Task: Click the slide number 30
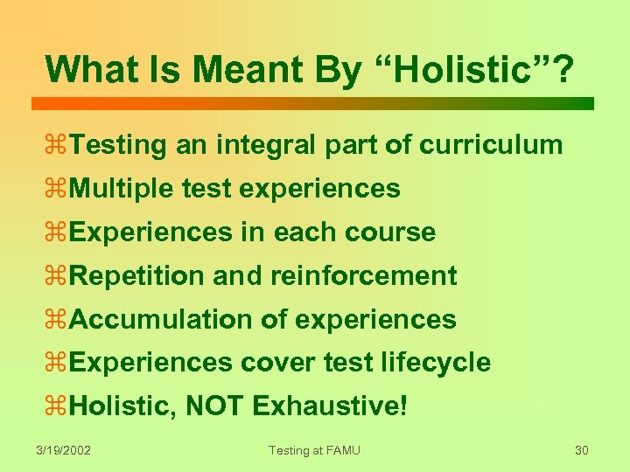click(x=582, y=450)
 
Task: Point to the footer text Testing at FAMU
click(x=314, y=450)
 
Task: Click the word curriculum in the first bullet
click(x=491, y=145)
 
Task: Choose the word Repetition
click(x=138, y=276)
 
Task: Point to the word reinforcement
click(x=363, y=276)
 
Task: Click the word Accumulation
click(x=161, y=320)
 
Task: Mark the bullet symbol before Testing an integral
click(x=57, y=146)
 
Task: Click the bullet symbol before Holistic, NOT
click(x=57, y=407)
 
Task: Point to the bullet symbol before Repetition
click(x=57, y=277)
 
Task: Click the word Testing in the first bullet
click(x=117, y=145)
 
